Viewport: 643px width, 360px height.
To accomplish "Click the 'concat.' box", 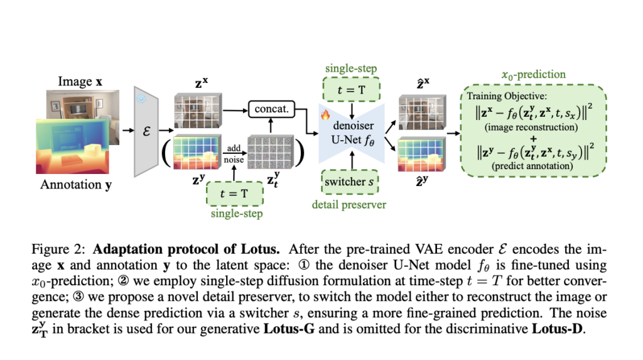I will point(271,109).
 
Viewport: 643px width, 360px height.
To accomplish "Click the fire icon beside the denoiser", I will point(325,115).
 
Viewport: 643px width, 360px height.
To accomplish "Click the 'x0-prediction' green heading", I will point(534,74).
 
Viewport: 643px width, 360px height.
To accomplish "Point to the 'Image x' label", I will point(80,82).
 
